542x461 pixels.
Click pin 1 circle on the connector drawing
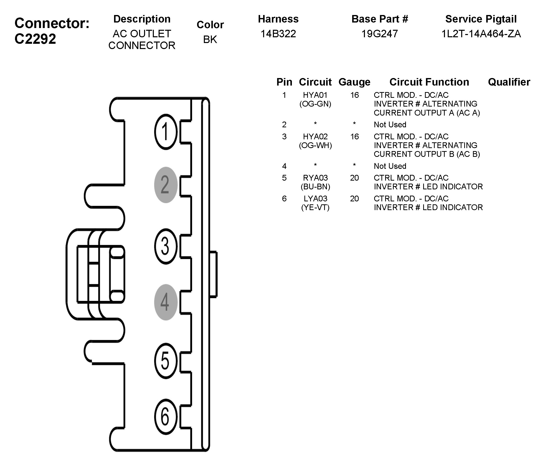coord(166,132)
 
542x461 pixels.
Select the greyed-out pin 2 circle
coord(166,185)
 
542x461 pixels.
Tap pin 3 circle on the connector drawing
coord(166,246)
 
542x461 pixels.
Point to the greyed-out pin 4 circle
coord(166,302)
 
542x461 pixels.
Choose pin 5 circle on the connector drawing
coord(166,361)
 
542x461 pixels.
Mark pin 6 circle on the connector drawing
coord(166,417)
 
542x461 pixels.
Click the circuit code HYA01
coord(315,95)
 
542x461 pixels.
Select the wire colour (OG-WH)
coord(315,145)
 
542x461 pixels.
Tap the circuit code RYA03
coord(315,178)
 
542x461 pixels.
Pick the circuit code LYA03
coord(315,199)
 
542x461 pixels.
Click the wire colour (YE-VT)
coord(315,208)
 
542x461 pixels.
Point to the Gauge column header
coord(354,82)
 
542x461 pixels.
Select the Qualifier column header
coord(509,82)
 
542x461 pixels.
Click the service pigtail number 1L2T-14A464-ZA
coord(481,34)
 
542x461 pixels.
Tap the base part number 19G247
coord(379,34)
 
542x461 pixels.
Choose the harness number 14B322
coord(278,34)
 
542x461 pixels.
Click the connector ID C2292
coord(35,39)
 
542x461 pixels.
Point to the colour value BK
coord(210,40)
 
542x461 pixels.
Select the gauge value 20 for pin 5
coord(354,178)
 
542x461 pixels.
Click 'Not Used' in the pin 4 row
coord(390,166)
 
